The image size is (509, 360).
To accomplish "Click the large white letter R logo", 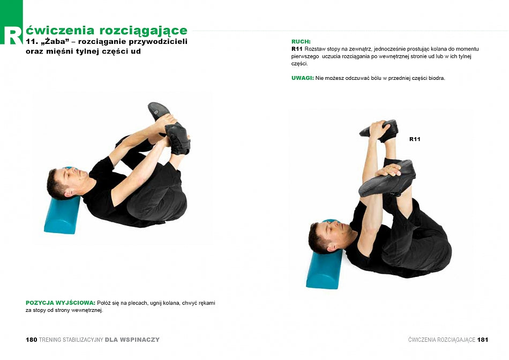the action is tap(12, 35).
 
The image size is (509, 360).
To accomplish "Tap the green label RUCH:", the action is tap(301, 42).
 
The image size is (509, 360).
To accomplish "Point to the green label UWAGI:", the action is tap(303, 78).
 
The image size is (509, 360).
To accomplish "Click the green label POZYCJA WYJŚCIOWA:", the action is tap(61, 303).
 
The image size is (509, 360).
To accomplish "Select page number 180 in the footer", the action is tap(32, 340).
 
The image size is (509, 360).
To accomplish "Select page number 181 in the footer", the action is tap(482, 340).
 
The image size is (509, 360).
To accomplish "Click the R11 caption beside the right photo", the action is tap(415, 139).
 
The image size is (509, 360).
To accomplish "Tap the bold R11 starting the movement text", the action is tap(297, 49).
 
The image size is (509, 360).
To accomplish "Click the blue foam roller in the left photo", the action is tap(62, 214).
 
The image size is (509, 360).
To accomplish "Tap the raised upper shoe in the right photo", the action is tap(380, 131).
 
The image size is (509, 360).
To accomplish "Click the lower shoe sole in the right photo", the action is tap(386, 178).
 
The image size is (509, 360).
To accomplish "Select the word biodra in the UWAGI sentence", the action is tap(437, 78).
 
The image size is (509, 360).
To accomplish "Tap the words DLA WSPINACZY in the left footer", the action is tap(132, 340).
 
